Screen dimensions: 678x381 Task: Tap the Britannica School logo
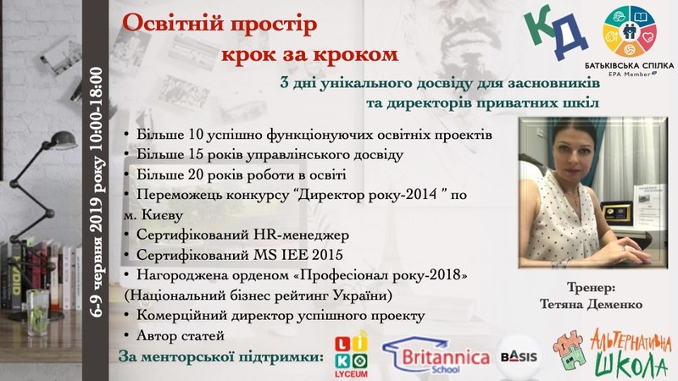pos(436,355)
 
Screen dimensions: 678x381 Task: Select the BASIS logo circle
pos(519,356)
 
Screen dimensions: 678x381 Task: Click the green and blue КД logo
pos(556,32)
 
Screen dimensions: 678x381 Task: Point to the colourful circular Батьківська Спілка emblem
pos(630,31)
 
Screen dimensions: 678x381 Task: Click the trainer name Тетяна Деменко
pos(591,305)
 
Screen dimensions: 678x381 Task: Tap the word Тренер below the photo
pos(591,287)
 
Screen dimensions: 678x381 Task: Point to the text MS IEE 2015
pos(298,255)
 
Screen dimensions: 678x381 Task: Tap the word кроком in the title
pos(355,54)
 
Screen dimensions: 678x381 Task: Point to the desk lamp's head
pos(64,141)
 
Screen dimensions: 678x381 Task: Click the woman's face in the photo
pos(571,151)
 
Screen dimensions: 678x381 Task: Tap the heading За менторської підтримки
pos(221,357)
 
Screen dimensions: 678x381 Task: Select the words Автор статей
pos(181,335)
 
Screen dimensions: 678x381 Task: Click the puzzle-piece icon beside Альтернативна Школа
pos(570,350)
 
